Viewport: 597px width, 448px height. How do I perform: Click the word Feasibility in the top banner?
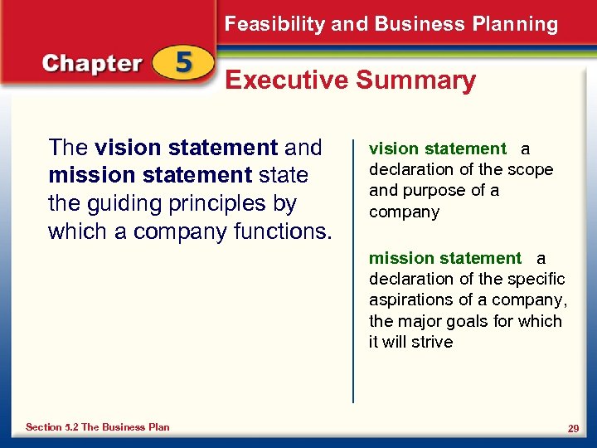point(274,24)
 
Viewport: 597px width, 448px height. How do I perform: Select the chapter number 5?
point(183,63)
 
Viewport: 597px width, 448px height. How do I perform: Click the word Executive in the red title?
point(286,80)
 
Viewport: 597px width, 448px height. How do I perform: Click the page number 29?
point(572,427)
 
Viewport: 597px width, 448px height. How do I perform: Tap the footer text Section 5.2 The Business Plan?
point(97,427)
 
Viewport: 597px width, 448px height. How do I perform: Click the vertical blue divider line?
point(354,265)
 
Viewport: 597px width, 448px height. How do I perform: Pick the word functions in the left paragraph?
point(278,231)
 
